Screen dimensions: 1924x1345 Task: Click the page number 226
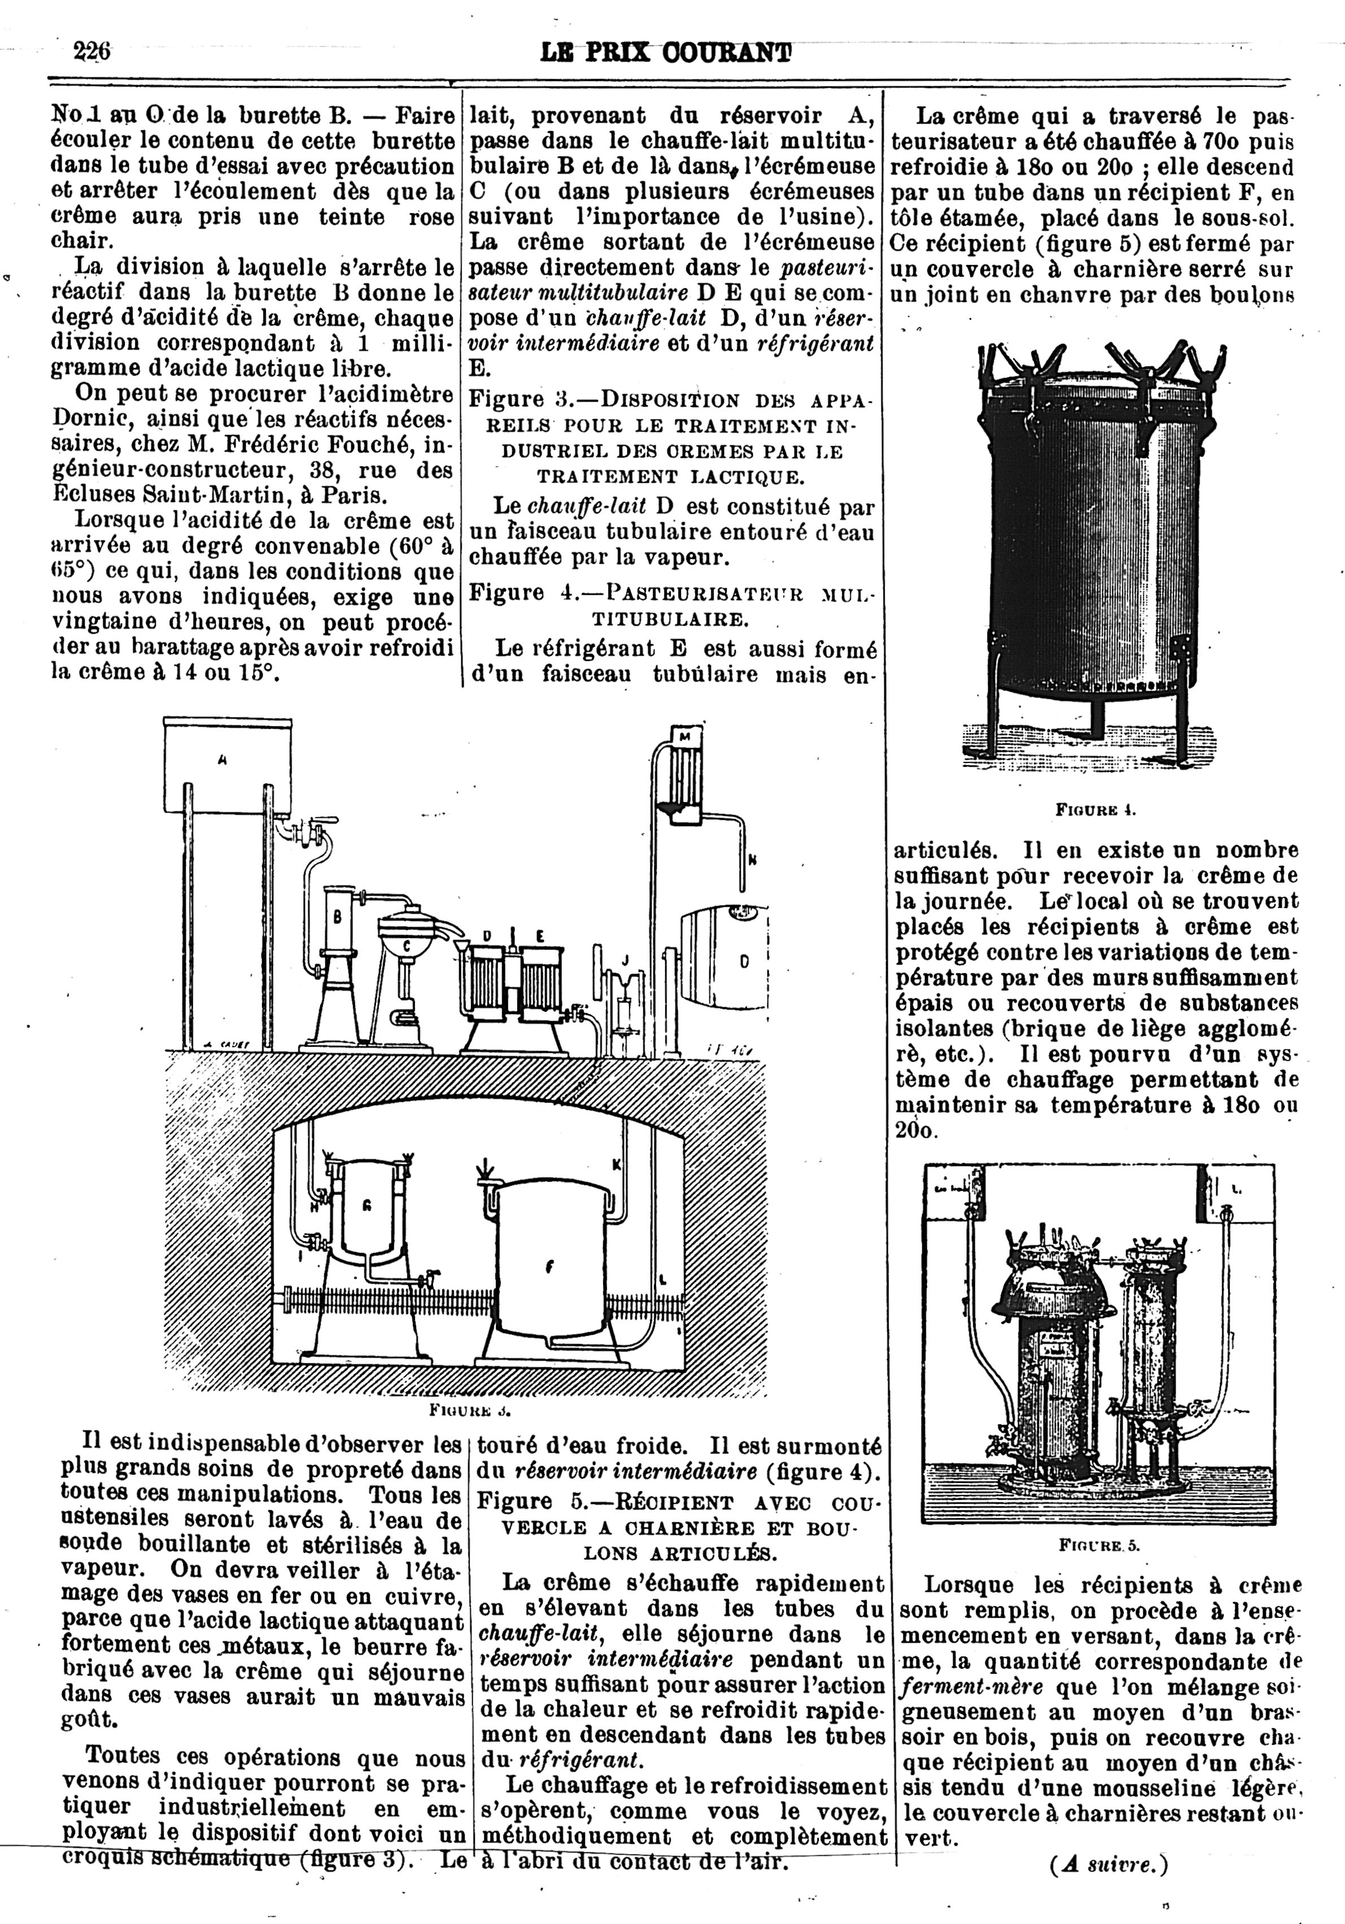(x=91, y=52)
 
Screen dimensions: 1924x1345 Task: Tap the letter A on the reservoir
(x=222, y=761)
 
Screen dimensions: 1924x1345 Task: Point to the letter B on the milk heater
(x=338, y=917)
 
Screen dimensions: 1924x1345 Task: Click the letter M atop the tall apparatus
(x=684, y=736)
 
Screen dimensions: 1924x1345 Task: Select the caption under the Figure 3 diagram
(x=469, y=1410)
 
